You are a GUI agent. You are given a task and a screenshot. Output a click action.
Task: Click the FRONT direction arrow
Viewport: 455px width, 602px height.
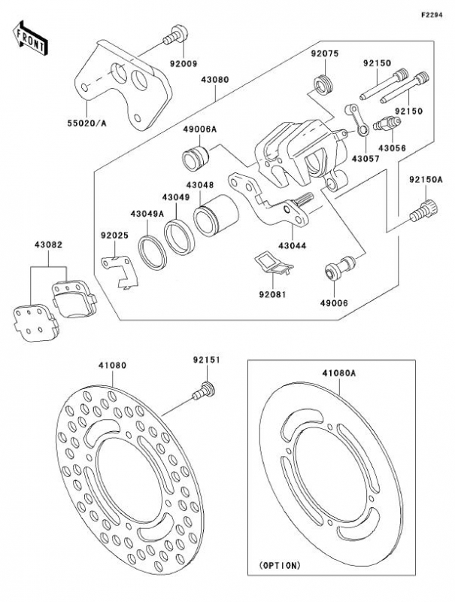click(x=29, y=37)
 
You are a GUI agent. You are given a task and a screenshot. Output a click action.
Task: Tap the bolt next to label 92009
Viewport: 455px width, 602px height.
click(x=174, y=33)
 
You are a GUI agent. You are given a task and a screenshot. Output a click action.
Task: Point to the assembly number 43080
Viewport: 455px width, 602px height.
click(x=215, y=78)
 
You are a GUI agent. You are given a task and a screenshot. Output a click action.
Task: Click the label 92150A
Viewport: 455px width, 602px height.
click(x=426, y=181)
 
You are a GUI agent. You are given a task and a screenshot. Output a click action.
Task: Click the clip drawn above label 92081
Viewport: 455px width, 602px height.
click(x=270, y=263)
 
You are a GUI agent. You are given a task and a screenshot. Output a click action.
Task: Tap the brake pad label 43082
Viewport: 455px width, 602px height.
click(x=47, y=245)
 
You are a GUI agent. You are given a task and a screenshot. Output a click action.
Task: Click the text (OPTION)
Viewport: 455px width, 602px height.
click(x=280, y=564)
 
